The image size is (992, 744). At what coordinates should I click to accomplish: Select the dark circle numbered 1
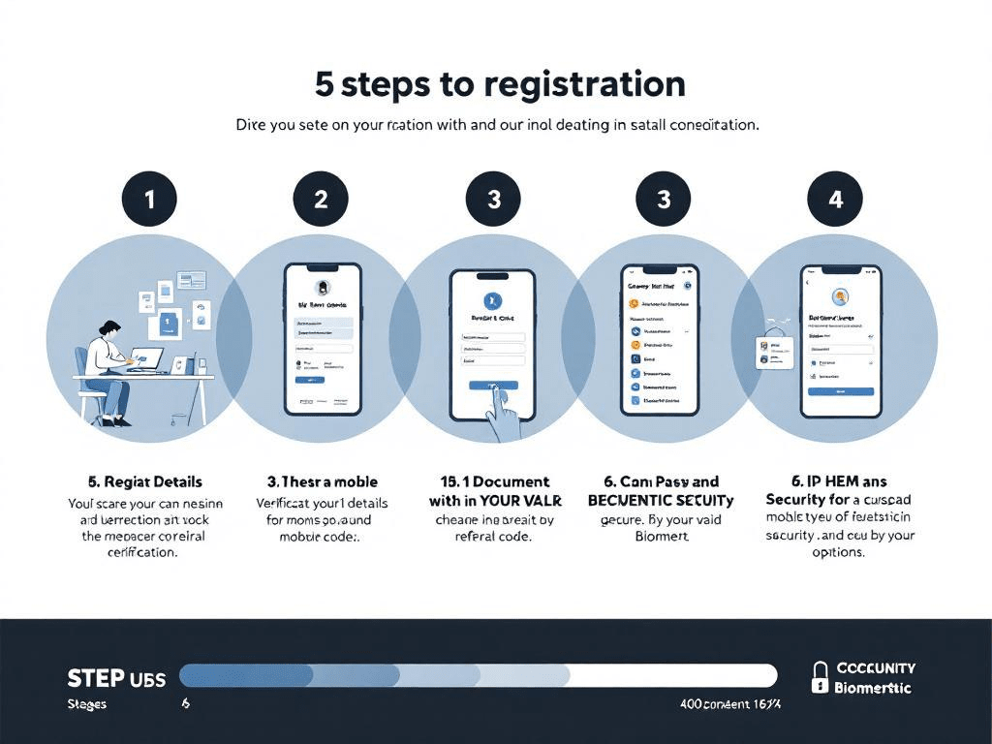click(x=149, y=200)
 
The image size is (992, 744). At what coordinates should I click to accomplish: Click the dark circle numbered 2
click(x=321, y=200)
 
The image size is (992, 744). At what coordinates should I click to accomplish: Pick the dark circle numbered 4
click(x=835, y=200)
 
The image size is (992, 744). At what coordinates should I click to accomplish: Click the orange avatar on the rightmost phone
click(x=840, y=296)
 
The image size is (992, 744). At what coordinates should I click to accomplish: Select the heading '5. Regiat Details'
click(x=144, y=481)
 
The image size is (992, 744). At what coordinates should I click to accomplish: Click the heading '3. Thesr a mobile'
click(x=322, y=481)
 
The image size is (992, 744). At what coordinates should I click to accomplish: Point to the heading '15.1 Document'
click(x=494, y=481)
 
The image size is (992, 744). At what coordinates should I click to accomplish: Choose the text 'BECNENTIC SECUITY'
click(x=661, y=501)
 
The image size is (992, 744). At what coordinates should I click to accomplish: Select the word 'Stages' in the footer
click(x=87, y=704)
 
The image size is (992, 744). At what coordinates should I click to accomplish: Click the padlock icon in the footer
click(x=820, y=677)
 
